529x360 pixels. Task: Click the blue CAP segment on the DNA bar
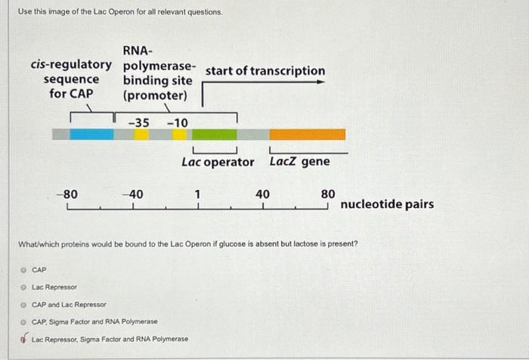pos(91,134)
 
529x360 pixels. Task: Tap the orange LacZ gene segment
pos(307,134)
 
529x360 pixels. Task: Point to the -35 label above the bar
pos(138,123)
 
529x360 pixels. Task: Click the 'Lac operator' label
pos(218,162)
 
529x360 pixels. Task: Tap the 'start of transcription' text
pos(264,71)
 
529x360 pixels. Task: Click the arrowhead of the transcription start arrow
pos(320,82)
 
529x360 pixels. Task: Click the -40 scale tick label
pos(132,194)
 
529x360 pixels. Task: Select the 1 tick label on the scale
pos(197,194)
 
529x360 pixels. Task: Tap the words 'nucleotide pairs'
pos(387,204)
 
